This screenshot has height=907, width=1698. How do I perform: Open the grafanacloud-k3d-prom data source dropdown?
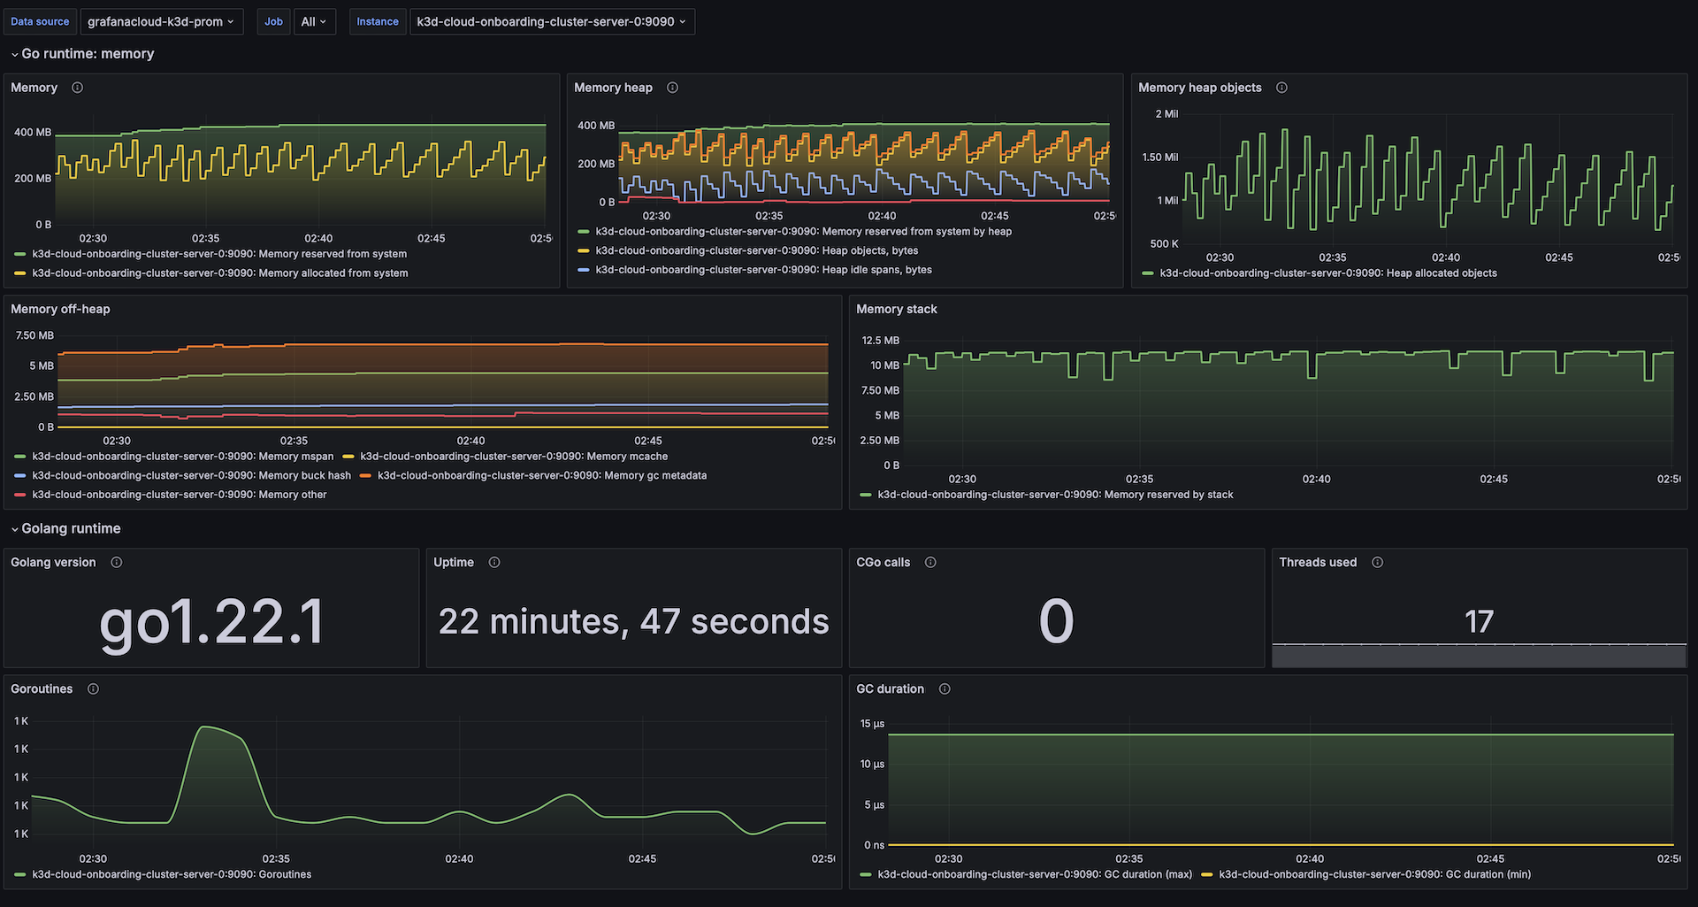pos(161,21)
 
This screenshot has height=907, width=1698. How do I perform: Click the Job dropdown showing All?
pos(314,21)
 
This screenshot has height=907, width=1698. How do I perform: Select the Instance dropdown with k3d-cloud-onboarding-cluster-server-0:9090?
pos(551,21)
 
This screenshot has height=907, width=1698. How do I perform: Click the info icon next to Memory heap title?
pos(672,88)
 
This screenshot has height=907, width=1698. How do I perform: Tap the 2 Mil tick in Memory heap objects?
pos(1166,114)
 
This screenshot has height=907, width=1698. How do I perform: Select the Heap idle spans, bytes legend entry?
pos(763,270)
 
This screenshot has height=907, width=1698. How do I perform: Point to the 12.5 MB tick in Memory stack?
pos(880,341)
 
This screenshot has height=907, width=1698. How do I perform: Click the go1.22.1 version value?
pos(211,621)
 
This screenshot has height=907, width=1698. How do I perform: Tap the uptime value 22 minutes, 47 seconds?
pos(633,621)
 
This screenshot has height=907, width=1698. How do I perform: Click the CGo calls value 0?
pos(1056,621)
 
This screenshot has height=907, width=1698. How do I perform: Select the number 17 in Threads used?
pos(1479,621)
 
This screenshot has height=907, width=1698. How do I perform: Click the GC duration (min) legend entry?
pos(1374,874)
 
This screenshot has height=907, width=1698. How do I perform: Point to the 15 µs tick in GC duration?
pos(872,724)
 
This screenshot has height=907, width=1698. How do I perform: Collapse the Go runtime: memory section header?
pos(87,54)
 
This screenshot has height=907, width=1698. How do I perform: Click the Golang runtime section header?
pos(71,528)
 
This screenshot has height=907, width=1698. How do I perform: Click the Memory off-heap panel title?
pos(60,309)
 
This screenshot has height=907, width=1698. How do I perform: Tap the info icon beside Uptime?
pos(494,563)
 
